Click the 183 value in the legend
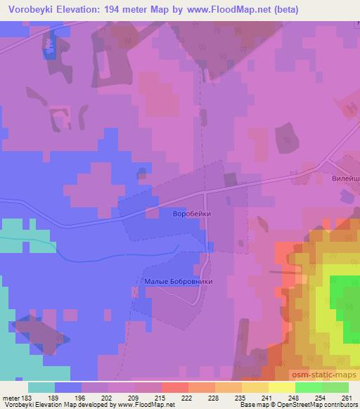tap(28, 398)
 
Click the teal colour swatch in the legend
tap(41, 387)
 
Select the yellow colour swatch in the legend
tap(282, 387)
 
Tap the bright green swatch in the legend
tap(309, 387)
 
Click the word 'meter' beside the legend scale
tap(11, 398)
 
